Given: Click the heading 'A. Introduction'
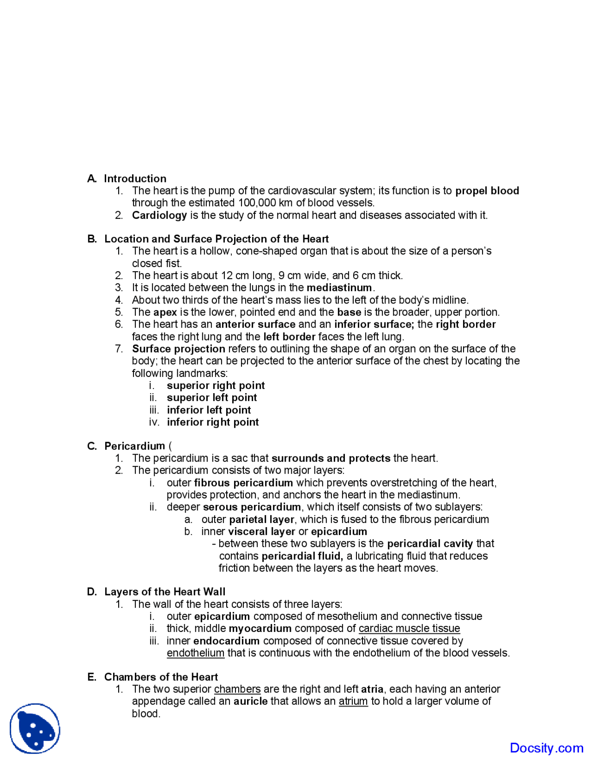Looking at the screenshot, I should point(127,178).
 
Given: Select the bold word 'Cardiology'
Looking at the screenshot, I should point(159,215).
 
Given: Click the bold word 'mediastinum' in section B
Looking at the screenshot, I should point(339,288).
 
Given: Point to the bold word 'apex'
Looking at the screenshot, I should point(165,312).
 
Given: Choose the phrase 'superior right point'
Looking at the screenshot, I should point(216,386).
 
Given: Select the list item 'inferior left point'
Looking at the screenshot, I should point(209,410).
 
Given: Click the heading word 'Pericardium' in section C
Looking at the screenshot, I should point(134,446).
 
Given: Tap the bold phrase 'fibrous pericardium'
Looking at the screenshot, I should point(243,483).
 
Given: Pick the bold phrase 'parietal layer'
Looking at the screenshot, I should point(261,520).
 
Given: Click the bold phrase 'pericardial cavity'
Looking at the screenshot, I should point(430,544).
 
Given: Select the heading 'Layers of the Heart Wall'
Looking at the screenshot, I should point(165,592).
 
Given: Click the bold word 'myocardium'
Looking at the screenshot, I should point(260,629).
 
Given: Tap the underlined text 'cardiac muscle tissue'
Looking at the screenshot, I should point(409,629).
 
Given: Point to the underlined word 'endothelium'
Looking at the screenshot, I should point(195,653).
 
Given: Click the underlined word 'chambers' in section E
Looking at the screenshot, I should point(237,689).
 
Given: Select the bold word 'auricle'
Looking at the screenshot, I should point(250,701).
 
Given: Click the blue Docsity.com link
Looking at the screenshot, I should point(546,748).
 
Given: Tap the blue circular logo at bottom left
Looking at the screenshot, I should point(35,729).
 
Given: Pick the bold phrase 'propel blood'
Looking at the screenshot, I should point(487,191).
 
